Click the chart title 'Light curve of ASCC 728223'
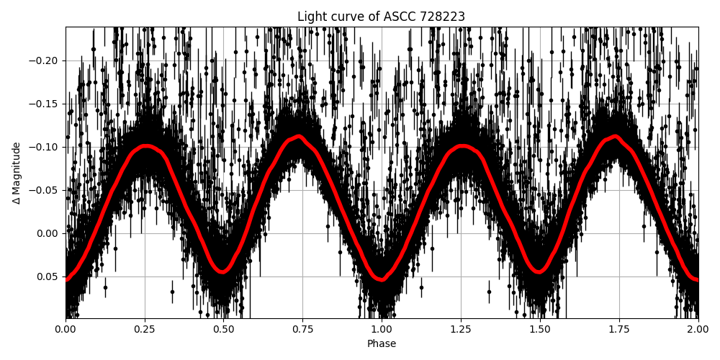tap(381, 17)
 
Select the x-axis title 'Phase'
tap(382, 344)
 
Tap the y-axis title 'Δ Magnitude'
tap(17, 173)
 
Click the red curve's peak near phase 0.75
tap(299, 136)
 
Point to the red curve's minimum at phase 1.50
tap(539, 272)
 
